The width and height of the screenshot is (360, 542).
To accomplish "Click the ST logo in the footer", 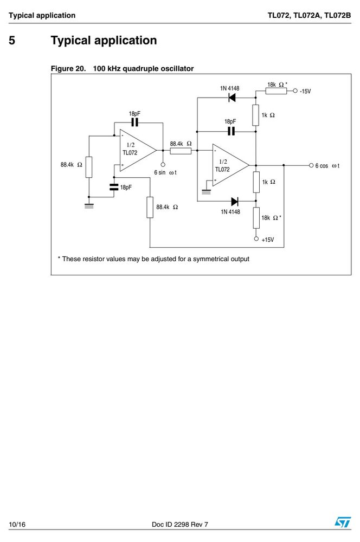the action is click(342, 522).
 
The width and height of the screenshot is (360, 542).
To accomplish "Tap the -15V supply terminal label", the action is click(305, 91).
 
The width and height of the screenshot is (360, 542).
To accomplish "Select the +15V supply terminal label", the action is click(268, 240).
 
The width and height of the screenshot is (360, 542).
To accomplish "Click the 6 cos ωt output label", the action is click(327, 166).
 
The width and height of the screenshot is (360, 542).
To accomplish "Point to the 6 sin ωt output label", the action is click(165, 172).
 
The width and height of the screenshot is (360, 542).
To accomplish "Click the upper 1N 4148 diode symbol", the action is click(232, 98).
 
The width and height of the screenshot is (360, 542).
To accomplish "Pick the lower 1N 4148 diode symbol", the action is click(235, 201).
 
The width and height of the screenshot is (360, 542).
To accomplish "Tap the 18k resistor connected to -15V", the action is click(276, 91).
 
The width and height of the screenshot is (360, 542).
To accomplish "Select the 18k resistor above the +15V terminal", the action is click(256, 218).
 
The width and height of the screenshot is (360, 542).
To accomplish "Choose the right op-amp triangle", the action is click(230, 165).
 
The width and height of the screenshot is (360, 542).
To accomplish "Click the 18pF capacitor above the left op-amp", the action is click(134, 122).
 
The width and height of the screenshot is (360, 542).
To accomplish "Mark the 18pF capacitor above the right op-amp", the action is click(231, 131).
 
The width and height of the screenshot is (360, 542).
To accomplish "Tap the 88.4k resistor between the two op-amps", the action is click(181, 151).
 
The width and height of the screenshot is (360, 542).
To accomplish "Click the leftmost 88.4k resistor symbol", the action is click(89, 167).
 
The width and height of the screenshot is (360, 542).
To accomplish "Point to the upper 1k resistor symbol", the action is click(255, 115).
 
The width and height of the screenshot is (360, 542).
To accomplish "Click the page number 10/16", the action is click(17, 524).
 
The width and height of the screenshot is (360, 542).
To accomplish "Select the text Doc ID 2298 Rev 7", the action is click(180, 524).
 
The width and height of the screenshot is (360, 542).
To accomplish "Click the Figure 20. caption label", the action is click(68, 68).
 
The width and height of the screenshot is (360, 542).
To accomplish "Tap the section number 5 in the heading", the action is click(12, 41).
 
